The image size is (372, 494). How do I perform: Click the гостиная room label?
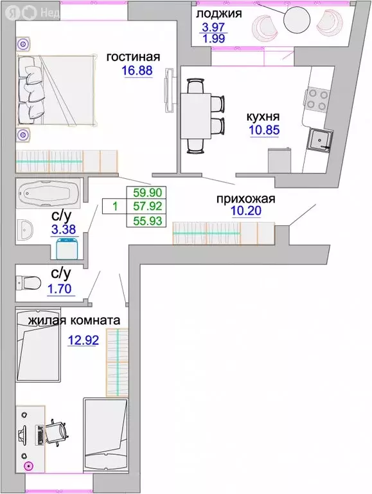point(133,57)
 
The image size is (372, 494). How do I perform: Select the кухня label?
point(263,118)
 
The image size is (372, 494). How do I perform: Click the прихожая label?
point(245,199)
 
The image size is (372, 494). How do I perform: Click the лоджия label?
point(218,14)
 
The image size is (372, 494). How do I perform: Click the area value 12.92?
point(83,340)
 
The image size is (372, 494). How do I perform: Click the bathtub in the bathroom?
point(48,193)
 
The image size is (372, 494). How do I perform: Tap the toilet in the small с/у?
point(30,281)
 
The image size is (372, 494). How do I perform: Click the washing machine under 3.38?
point(63,248)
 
